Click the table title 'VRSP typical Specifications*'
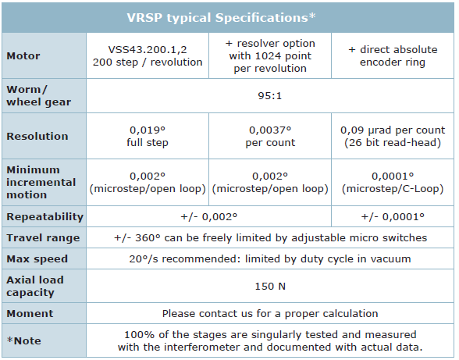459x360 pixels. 222,18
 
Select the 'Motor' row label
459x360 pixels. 23,55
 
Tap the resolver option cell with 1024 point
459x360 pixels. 270,55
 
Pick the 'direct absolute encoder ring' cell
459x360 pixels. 393,55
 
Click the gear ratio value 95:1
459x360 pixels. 269,96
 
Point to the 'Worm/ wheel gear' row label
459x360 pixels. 39,96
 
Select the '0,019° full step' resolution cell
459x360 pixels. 148,136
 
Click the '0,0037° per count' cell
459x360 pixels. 270,136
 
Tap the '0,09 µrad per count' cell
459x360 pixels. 393,136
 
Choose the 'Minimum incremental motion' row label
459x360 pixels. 41,182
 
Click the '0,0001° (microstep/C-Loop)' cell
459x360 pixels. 393,182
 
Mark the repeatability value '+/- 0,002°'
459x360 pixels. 208,216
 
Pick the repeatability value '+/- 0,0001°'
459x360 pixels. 393,216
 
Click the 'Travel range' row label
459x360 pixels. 43,237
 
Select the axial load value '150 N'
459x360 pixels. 270,286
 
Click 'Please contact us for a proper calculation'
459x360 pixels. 270,313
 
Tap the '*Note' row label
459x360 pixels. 23,340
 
